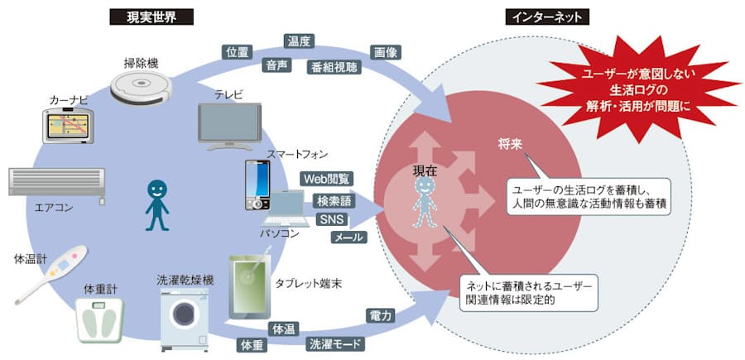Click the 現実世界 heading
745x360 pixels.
click(x=151, y=16)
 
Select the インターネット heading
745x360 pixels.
click(x=546, y=16)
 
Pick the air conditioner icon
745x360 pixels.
click(x=56, y=183)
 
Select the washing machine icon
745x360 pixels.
click(x=184, y=315)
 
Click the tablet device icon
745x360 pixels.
click(x=250, y=284)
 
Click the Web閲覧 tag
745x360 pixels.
click(x=327, y=179)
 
